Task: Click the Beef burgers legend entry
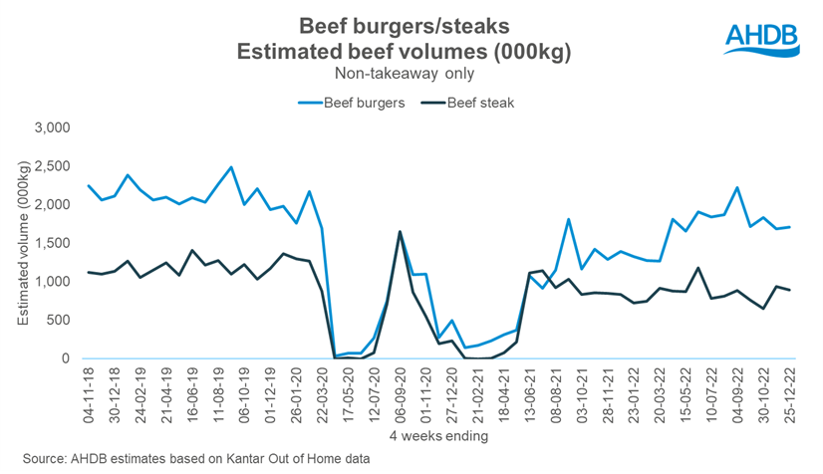(355, 101)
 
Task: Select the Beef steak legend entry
(476, 101)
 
